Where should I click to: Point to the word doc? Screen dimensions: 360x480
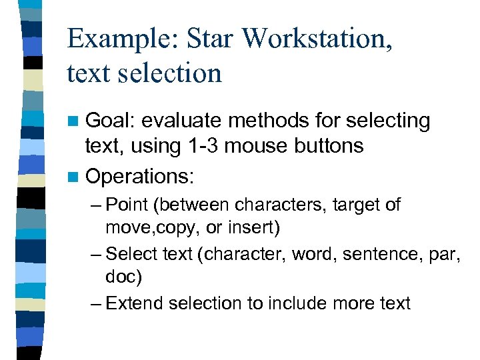[119, 276]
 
